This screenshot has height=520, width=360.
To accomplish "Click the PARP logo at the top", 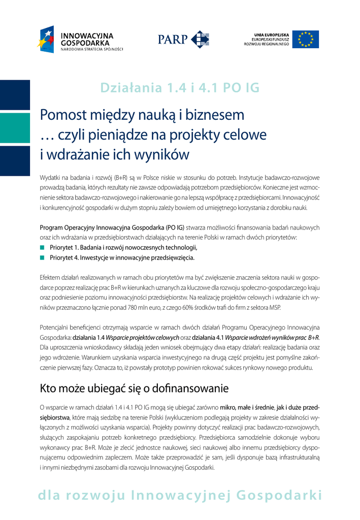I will coord(183,39).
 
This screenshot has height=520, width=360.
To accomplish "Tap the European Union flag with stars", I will coord(309,39).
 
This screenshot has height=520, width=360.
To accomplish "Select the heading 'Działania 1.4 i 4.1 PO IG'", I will coord(180,88).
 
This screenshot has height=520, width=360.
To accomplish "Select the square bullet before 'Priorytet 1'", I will coord(43,247).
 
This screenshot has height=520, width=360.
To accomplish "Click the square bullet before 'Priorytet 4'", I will coord(43,257).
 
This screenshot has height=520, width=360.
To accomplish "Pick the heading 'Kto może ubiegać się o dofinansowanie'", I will coord(134,389).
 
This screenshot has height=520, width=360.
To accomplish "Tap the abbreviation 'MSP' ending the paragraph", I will coord(272,308).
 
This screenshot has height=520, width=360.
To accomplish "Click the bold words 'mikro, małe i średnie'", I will coord(245,407).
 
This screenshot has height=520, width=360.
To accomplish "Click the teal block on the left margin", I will coord(15,128).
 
